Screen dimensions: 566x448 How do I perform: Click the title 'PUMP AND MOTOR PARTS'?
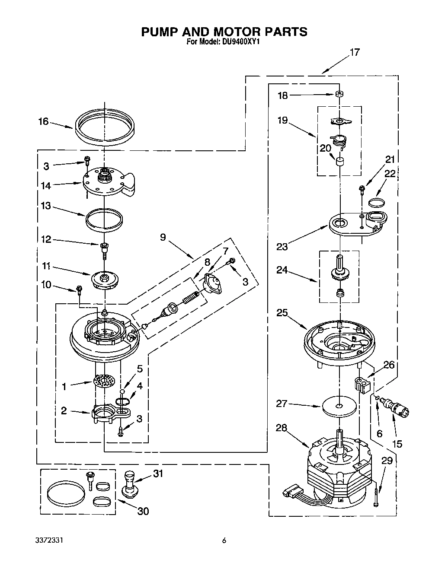224,32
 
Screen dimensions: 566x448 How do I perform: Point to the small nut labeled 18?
340,95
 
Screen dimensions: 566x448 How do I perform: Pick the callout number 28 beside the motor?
282,427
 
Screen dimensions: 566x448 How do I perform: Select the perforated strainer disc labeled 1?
104,381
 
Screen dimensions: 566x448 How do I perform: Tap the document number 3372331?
51,540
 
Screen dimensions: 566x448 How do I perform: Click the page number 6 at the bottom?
224,540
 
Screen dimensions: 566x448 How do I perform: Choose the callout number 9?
163,237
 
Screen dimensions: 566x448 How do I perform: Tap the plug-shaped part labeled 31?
129,483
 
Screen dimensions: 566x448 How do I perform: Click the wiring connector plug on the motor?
291,491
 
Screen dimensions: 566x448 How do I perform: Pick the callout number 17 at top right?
354,52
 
